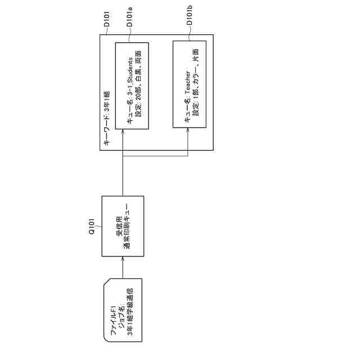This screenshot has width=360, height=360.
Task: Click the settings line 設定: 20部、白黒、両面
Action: coord(139,85)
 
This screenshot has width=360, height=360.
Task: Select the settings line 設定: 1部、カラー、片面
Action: coord(196,84)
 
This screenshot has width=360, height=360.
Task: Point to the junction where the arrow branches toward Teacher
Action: coord(123,155)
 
